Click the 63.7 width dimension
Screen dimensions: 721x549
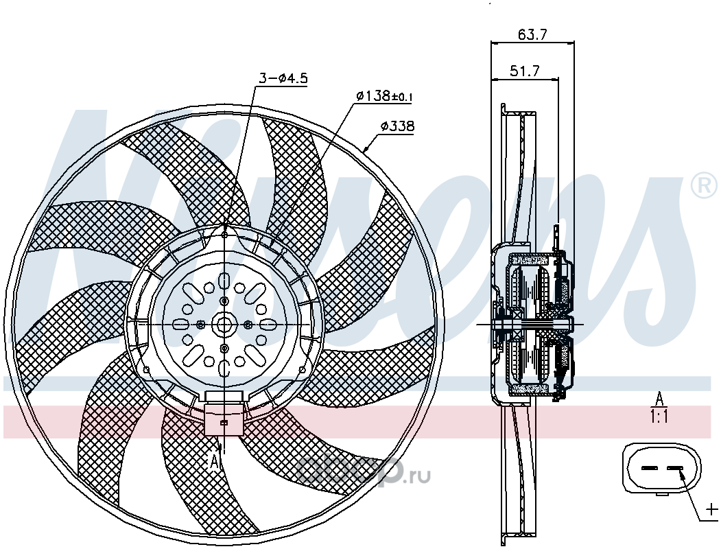[x=532, y=34]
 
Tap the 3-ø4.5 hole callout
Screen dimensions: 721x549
[x=283, y=78]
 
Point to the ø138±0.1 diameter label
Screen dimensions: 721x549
[x=385, y=96]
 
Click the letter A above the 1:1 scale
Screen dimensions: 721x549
[x=659, y=399]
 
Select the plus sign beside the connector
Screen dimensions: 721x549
[x=711, y=509]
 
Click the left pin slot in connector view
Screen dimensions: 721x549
[x=650, y=468]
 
